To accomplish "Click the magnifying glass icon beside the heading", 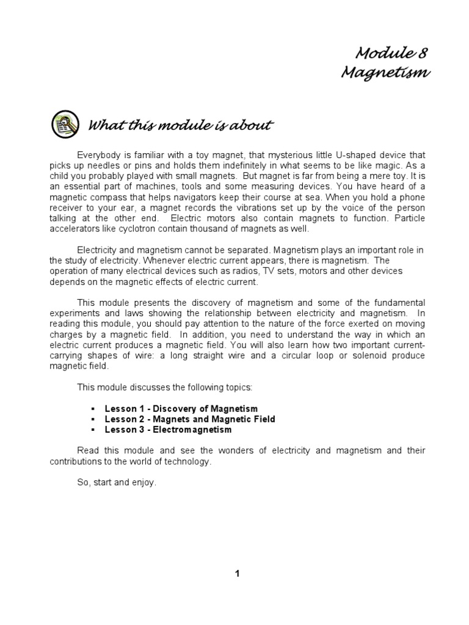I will pyautogui.click(x=65, y=125).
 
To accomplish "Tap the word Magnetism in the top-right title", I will pyautogui.click(x=385, y=73).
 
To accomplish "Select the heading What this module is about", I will pyautogui.click(x=180, y=126).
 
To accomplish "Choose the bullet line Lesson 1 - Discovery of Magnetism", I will pyautogui.click(x=181, y=408).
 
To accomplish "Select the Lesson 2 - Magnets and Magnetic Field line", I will pyautogui.click(x=190, y=419).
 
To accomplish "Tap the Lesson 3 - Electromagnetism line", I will pyautogui.click(x=168, y=430).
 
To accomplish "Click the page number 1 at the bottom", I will pyautogui.click(x=238, y=573).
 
